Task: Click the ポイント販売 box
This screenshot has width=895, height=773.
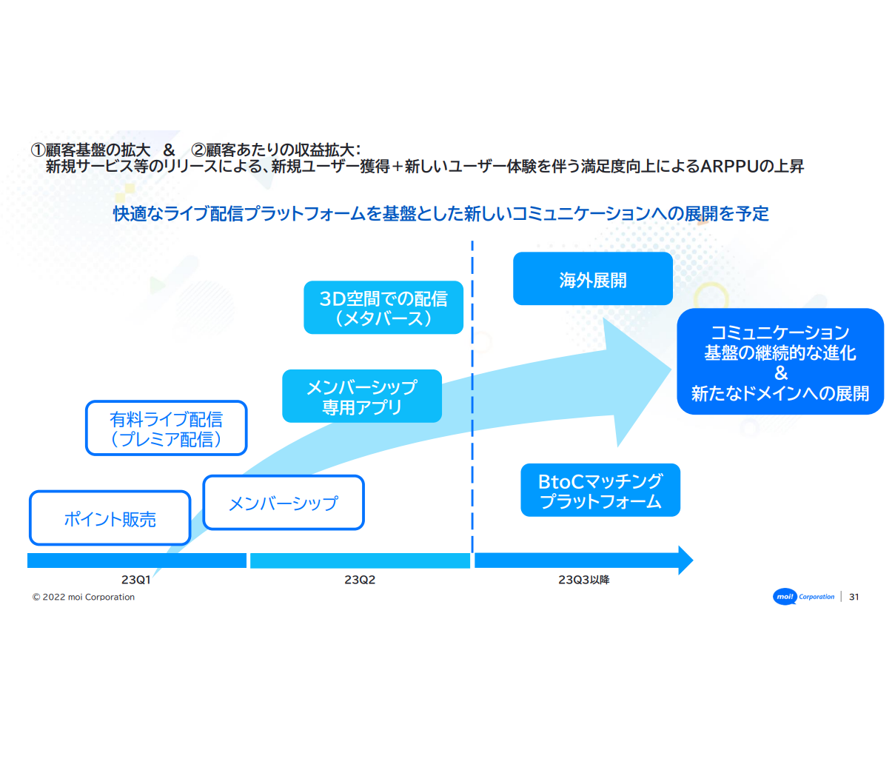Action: click(110, 518)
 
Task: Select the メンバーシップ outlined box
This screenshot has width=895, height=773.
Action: click(284, 503)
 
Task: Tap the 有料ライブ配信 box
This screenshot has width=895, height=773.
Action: click(166, 429)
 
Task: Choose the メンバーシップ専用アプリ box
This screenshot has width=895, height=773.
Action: click(362, 397)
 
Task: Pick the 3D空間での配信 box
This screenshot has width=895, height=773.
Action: click(383, 308)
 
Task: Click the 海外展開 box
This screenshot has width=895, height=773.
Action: click(592, 279)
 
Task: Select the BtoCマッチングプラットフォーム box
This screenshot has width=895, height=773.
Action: click(600, 490)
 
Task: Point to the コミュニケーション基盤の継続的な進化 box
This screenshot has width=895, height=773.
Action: click(780, 361)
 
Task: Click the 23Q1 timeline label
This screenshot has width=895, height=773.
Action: click(136, 580)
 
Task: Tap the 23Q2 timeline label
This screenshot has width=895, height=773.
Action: click(360, 580)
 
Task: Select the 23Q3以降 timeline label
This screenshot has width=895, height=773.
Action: click(583, 580)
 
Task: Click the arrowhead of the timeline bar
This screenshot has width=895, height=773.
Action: click(685, 560)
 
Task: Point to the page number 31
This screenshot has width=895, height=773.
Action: click(854, 597)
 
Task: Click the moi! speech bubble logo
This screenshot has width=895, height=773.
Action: click(785, 597)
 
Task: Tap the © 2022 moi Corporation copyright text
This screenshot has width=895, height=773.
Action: click(84, 598)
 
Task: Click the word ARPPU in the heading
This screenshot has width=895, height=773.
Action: click(729, 167)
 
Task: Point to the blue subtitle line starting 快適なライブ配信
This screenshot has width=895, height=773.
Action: click(440, 214)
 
